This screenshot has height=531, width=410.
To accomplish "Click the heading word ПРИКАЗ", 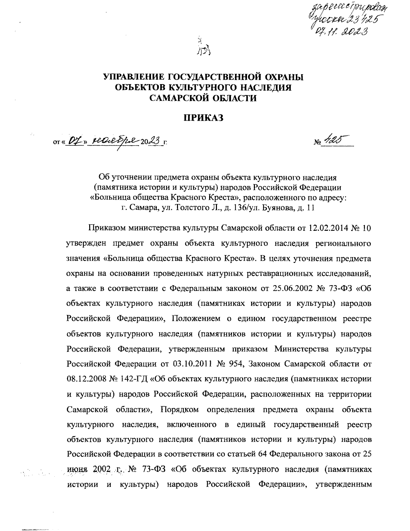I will [204, 118].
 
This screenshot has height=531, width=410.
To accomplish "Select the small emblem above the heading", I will [204, 48].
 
